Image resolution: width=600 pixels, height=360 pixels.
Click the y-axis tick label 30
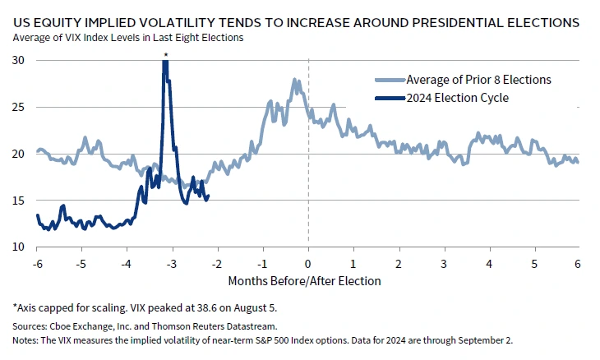[x=19, y=60]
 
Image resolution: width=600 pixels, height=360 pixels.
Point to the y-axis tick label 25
[x=19, y=107]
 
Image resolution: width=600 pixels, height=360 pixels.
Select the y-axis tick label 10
[x=19, y=247]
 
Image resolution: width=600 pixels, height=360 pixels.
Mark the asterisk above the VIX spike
[x=165, y=55]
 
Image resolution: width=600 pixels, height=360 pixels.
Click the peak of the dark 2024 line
[x=165, y=62]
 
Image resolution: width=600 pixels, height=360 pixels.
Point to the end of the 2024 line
[x=208, y=196]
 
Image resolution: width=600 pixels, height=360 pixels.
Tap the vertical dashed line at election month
[x=308, y=164]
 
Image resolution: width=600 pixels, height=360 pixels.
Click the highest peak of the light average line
[x=293, y=79]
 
